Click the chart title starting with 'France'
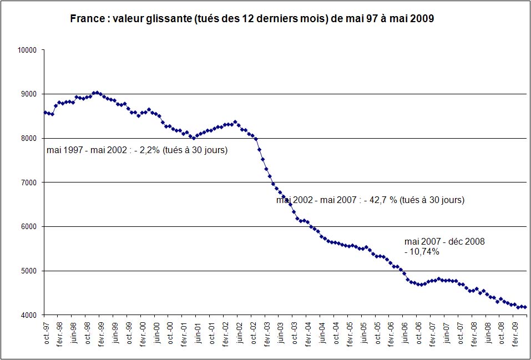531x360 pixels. [x=251, y=19]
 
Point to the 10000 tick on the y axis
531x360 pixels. [x=27, y=50]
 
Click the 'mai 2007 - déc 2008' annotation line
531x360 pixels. [x=444, y=242]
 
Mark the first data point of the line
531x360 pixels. [x=45, y=113]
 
